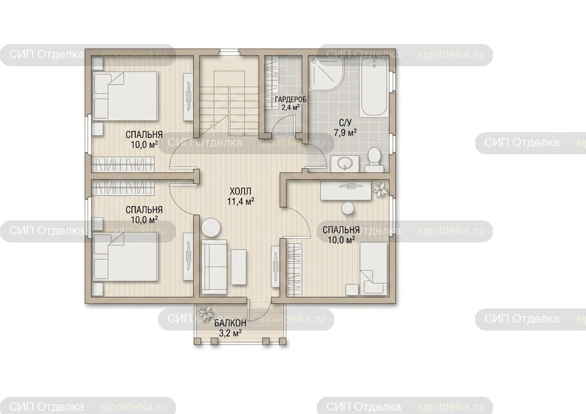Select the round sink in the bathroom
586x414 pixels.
345,164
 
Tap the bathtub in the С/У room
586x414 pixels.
374,88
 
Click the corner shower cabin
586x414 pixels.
326,74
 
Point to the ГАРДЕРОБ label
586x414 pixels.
291,100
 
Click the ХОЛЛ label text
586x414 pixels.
240,191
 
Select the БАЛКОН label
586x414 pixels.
230,323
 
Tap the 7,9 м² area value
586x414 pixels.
345,133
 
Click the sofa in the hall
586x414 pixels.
214,268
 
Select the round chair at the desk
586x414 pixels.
348,210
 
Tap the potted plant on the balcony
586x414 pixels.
206,312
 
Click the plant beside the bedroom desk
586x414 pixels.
380,189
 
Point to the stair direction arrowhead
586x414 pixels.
245,134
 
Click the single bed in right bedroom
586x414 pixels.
374,269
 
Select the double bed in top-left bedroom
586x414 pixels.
126,96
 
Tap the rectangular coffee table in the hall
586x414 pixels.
239,267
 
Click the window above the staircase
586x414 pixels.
229,52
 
